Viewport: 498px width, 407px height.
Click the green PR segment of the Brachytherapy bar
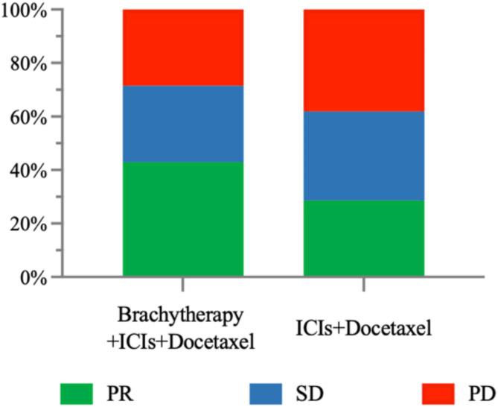tap(183, 219)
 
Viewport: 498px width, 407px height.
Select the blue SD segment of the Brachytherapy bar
tap(183, 124)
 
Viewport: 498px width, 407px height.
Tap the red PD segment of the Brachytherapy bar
tap(183, 48)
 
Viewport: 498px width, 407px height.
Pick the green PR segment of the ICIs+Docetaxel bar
tap(364, 239)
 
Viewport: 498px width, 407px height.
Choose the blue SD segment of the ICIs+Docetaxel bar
tap(364, 156)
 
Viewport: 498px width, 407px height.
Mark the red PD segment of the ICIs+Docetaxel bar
tap(364, 60)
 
